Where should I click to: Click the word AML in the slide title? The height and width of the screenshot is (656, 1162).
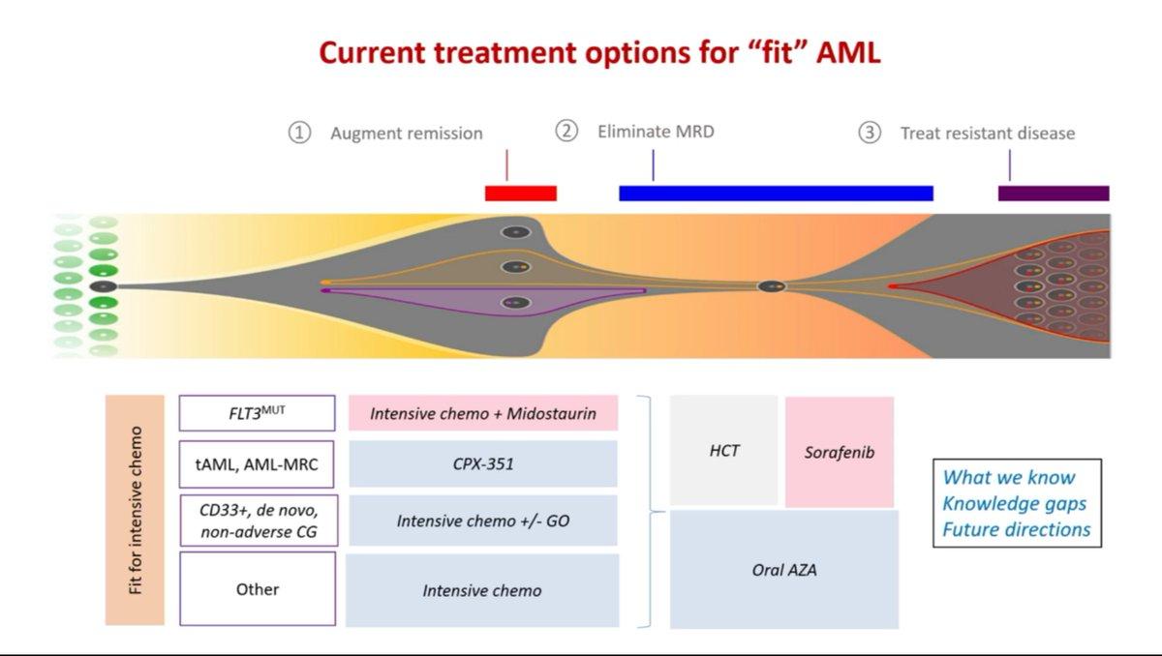(x=848, y=53)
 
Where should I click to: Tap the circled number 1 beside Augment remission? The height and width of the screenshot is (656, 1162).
(x=299, y=133)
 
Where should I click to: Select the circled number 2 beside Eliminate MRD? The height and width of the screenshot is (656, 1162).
(x=566, y=131)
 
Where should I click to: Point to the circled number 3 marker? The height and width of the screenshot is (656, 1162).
(x=870, y=133)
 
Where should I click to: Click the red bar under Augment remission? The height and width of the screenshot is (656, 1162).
(x=521, y=194)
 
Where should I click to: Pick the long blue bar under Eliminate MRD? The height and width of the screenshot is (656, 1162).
(x=776, y=194)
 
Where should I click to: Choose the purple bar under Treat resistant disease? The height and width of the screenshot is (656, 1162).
(x=1054, y=194)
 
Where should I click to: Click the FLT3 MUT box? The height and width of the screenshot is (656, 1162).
(x=258, y=413)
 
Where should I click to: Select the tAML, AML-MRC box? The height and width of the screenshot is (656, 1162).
(x=257, y=464)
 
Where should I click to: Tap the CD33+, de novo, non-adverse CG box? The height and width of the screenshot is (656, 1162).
(x=259, y=521)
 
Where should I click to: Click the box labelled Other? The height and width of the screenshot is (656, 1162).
(x=258, y=588)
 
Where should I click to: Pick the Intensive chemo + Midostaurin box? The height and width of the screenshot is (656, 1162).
(x=483, y=413)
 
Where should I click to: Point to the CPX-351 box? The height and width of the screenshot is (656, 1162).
(x=483, y=463)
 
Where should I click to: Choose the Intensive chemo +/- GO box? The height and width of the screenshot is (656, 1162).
(x=483, y=521)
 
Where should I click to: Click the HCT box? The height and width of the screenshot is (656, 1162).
(x=724, y=450)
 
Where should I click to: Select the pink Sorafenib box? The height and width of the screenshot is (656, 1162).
(x=840, y=452)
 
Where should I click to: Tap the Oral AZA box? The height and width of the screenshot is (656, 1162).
(x=784, y=570)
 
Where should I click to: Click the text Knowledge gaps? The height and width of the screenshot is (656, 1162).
(x=1014, y=504)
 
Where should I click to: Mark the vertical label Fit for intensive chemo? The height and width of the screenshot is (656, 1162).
(x=135, y=511)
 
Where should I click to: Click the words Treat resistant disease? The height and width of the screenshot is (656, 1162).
(x=988, y=134)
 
